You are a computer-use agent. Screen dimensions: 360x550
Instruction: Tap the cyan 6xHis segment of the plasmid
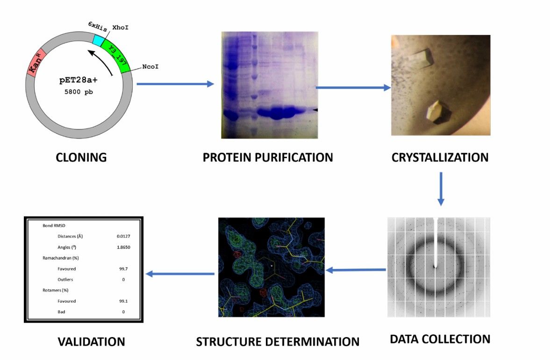tap(98, 40)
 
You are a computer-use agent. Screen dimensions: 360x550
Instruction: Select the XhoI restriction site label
tap(121, 28)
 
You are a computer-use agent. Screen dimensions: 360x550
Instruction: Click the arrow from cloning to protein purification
tap(175, 84)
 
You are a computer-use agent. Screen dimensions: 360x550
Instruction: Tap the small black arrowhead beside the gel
tap(315, 109)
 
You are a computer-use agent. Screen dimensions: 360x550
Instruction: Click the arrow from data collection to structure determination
tap(356, 270)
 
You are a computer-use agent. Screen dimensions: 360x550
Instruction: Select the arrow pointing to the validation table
tap(180, 274)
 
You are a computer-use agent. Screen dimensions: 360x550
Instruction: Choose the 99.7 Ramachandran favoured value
tap(123, 269)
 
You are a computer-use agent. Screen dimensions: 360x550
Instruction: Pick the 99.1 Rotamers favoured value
tap(123, 301)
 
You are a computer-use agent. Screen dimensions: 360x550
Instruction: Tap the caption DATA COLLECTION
tap(440, 339)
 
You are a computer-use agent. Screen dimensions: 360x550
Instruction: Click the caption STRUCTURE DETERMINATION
tap(278, 341)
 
